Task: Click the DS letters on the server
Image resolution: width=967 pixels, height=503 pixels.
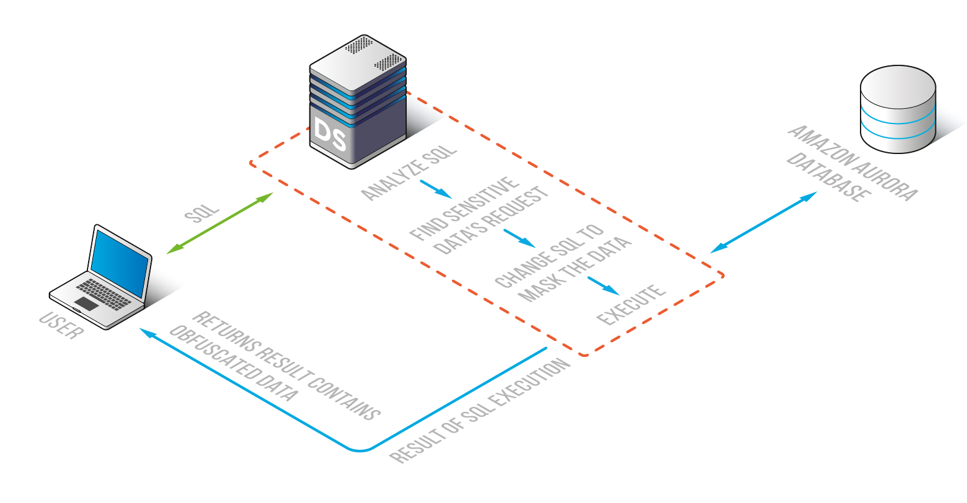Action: pos(330,134)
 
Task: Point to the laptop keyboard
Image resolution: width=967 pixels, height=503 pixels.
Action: pos(104,293)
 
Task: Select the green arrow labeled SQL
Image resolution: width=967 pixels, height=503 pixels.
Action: pos(220,223)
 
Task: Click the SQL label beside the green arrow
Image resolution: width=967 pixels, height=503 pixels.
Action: pos(201,214)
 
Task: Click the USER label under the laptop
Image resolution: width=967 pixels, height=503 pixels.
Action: pos(61,325)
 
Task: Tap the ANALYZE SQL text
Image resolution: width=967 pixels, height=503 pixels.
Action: pos(409,172)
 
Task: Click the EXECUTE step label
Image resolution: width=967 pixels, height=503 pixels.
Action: pos(631,304)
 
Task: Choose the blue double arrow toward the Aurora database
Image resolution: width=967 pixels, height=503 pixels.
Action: pos(763,222)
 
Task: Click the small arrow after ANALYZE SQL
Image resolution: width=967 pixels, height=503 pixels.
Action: pos(435,189)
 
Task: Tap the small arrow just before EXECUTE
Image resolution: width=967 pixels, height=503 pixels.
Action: pos(603,285)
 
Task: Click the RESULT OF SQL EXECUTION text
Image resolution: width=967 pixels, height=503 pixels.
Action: pos(480,411)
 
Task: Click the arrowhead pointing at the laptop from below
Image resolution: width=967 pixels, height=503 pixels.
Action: pos(144,331)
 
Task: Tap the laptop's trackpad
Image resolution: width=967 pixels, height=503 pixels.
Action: pos(86,304)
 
